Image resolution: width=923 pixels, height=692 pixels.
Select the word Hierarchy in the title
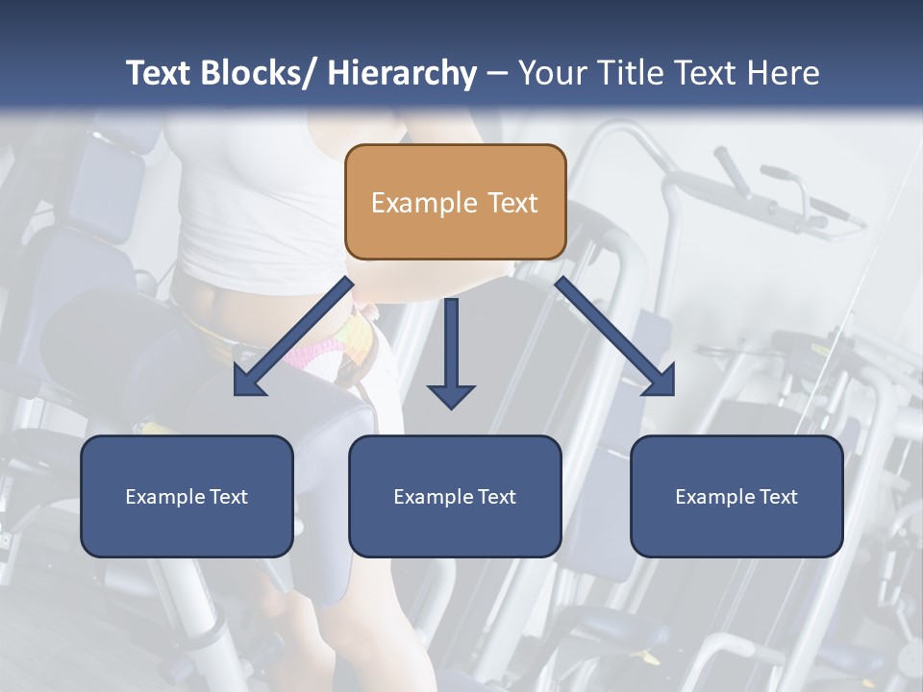click(x=402, y=73)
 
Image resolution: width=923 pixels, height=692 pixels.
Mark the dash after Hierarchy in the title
click(x=497, y=74)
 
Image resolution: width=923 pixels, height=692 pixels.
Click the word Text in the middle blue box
click(x=495, y=497)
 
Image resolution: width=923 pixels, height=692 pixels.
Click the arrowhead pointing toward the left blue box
click(x=247, y=383)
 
